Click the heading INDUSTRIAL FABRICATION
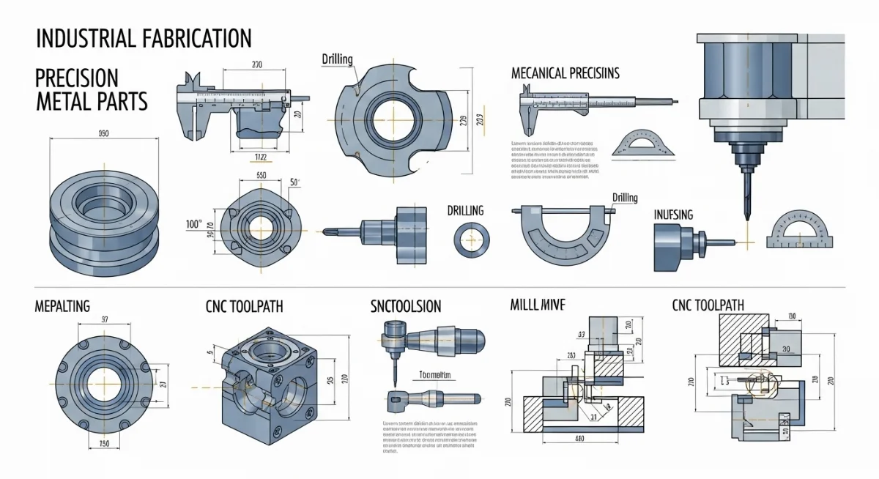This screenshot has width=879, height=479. click(x=143, y=37)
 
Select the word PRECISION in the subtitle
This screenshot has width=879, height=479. click(x=77, y=78)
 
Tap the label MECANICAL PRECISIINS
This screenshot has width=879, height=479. click(x=565, y=73)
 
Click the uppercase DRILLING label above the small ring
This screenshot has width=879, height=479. click(x=465, y=211)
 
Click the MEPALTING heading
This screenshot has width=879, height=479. click(x=62, y=306)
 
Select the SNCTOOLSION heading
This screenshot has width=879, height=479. click(x=406, y=306)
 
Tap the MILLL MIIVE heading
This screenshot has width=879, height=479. click(x=536, y=305)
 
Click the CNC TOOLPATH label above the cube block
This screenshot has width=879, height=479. click(x=244, y=306)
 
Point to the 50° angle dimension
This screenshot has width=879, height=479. click(x=296, y=182)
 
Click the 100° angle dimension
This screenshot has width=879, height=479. click(x=194, y=224)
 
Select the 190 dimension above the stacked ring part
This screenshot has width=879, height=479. click(x=103, y=133)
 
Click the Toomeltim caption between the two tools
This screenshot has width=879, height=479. click(x=432, y=375)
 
